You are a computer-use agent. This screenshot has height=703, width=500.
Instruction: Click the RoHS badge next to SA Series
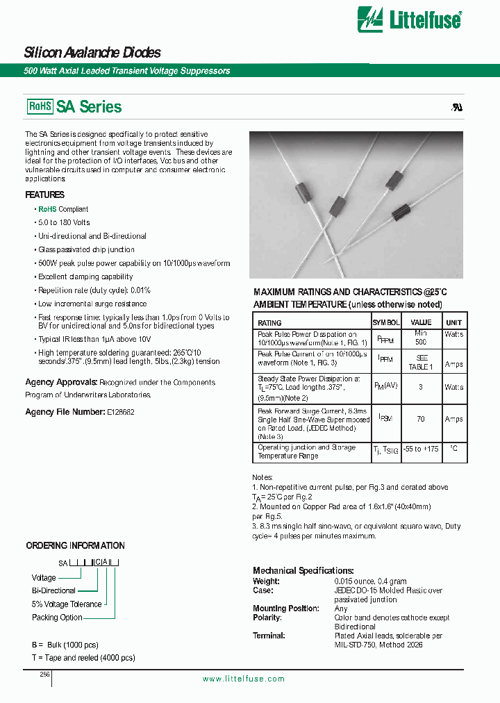pos(40,106)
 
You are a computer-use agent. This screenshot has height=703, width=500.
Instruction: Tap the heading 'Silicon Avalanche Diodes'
pos(92,53)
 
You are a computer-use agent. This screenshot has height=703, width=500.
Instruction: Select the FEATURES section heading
pos(44,195)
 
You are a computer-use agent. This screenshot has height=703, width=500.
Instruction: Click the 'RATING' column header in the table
pos(269,322)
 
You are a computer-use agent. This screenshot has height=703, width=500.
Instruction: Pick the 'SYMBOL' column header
pos(385,322)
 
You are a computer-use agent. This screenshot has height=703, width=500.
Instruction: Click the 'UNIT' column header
pos(453,322)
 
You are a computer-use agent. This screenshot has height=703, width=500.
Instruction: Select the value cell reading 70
pos(421,420)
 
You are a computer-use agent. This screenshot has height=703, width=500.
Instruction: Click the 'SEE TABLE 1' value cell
pos(421,362)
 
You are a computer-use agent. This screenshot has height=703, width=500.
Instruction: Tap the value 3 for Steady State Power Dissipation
pos(421,387)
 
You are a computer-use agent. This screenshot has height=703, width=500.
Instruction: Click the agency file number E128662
pos(120,413)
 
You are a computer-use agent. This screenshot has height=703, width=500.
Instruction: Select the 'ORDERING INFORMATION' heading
pos(75,545)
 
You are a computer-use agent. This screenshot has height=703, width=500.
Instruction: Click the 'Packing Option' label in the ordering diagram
pos(57,618)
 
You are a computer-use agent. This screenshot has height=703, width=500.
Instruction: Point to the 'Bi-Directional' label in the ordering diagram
pos(53,591)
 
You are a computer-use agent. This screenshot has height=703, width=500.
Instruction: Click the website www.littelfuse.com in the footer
pos(243,679)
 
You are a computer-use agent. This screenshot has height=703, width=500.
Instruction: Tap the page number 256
pos(44,675)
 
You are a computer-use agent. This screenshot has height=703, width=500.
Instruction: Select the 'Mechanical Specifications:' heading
pos(303,570)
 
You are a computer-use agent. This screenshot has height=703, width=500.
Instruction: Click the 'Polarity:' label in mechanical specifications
pos(267,618)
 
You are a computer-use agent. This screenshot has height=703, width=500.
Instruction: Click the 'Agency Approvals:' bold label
pos(61,383)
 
